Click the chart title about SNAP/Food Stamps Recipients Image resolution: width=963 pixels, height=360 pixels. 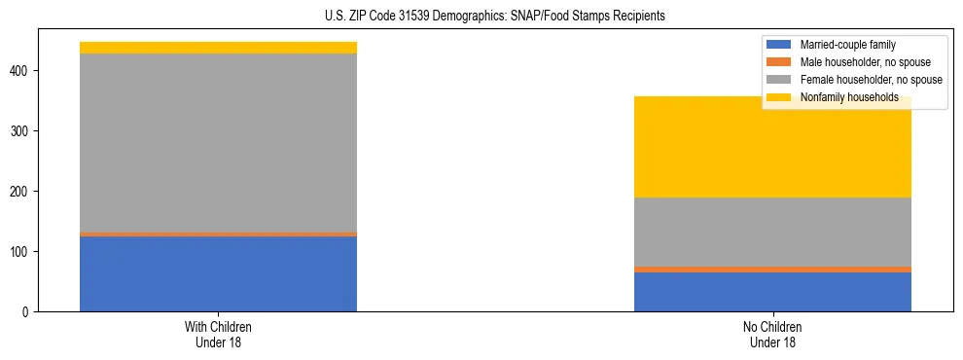[495, 17]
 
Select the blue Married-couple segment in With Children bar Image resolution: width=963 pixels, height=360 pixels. [218, 273]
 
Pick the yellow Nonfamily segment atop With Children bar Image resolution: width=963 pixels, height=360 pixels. [218, 48]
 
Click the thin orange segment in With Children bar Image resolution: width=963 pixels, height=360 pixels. [218, 234]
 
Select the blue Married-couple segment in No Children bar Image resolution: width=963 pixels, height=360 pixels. [772, 292]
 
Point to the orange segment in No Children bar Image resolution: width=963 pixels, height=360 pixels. [772, 270]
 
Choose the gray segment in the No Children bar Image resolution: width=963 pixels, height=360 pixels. [772, 232]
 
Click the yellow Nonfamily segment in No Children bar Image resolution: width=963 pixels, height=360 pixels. [772, 147]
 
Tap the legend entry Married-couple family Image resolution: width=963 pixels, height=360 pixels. [847, 45]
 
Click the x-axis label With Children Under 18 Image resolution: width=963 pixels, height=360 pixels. [218, 334]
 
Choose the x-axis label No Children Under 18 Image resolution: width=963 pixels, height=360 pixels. [772, 334]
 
